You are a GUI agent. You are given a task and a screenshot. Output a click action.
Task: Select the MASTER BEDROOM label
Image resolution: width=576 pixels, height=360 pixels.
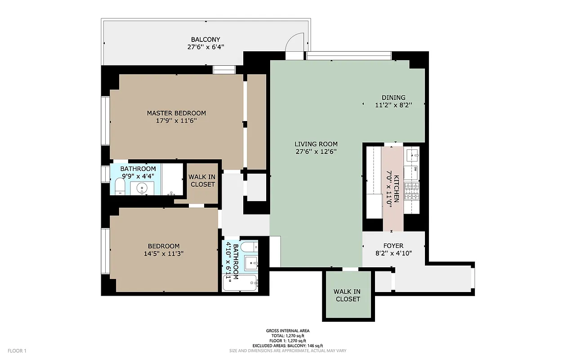click(x=176, y=113)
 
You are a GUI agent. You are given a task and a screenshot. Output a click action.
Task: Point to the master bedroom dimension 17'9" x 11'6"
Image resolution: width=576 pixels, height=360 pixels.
click(x=176, y=121)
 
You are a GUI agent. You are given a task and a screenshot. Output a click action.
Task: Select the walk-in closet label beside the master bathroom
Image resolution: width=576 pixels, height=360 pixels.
click(x=202, y=180)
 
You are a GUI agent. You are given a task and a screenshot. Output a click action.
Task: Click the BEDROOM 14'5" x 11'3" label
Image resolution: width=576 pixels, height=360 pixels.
click(x=164, y=246)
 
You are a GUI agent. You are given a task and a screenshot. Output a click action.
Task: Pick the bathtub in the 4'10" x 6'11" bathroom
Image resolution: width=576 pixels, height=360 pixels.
click(x=240, y=283)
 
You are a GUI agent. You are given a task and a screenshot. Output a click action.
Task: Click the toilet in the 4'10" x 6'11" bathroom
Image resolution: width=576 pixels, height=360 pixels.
click(x=249, y=247)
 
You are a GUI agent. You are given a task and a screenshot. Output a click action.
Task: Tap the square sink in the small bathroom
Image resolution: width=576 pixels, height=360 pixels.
click(x=250, y=263)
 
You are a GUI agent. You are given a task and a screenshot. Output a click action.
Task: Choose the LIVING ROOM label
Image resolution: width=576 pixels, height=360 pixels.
click(x=315, y=144)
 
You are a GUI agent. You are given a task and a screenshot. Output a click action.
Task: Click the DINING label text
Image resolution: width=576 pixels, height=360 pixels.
click(x=393, y=98)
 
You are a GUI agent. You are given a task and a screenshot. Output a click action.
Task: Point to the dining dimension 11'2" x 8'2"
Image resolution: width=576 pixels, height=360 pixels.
click(x=393, y=105)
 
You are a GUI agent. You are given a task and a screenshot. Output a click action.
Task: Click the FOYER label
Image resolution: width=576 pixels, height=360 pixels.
click(x=393, y=246)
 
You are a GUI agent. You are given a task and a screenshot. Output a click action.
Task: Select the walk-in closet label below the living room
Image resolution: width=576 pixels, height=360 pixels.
click(x=347, y=295)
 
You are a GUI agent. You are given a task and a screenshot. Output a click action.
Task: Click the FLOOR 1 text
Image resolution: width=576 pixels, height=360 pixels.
click(x=17, y=351)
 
